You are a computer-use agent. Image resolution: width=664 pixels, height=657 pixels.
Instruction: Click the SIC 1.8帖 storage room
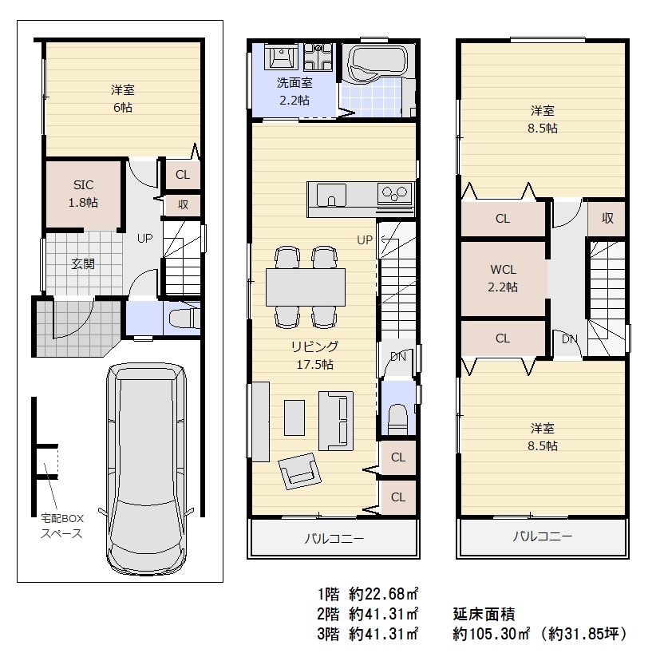[x=84, y=194]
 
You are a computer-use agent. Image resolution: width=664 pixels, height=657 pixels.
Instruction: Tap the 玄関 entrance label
[x=83, y=264]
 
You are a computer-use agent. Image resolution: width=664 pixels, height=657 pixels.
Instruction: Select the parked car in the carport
[x=146, y=468]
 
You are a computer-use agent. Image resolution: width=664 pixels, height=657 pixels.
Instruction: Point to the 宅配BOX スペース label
[x=61, y=526]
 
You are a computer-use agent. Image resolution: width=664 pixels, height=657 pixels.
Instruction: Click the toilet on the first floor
[x=184, y=318]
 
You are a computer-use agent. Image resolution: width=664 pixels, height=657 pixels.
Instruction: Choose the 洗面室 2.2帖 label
[x=294, y=92]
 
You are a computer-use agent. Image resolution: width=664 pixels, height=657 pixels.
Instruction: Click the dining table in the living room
[x=306, y=287]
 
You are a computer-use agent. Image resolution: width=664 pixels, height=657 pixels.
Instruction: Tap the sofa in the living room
[x=336, y=421]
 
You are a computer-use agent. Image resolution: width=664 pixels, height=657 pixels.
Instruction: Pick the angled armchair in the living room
[x=299, y=471]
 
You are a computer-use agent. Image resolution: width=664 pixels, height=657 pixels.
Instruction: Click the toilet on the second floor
[x=397, y=419]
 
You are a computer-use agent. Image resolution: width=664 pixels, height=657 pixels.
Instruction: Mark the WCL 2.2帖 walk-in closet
[x=503, y=279]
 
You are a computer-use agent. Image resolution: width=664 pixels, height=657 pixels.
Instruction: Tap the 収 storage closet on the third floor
[x=607, y=218]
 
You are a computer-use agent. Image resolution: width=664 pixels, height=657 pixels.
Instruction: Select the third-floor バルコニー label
[x=543, y=537]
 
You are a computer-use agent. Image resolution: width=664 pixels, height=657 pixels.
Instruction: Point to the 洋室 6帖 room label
[x=123, y=98]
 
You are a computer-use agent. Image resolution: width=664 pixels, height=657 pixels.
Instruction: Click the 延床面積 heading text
[x=484, y=614]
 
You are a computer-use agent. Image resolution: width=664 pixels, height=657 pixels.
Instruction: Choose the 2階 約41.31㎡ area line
[x=368, y=614]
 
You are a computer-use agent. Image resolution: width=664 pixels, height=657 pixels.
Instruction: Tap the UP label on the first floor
[x=144, y=239]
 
